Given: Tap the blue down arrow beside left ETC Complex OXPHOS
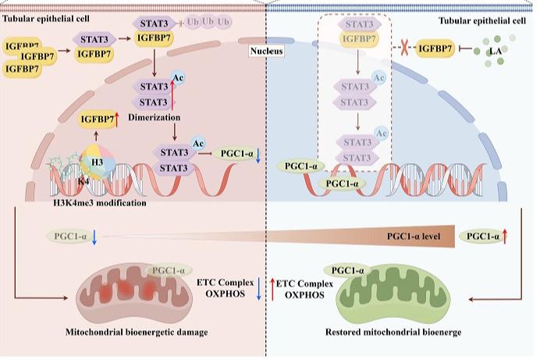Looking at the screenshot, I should coord(259,287).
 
